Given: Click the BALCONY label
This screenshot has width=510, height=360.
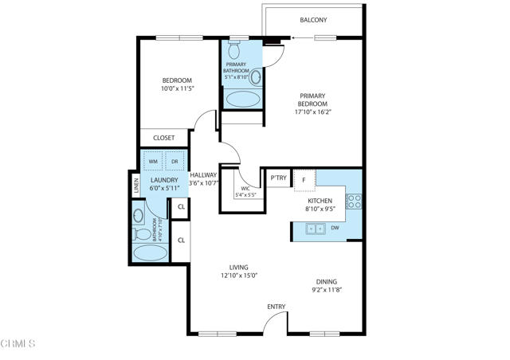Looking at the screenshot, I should click(313, 20).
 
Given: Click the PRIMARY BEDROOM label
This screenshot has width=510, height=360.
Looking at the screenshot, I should click(312, 100).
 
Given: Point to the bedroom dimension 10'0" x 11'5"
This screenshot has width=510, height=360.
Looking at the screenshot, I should click(178, 90).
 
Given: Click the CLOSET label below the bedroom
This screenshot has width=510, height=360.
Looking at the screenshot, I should click(163, 138).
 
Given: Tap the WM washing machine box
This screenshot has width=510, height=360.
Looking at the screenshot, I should click(153, 162).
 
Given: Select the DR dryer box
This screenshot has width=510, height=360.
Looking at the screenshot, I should click(175, 162).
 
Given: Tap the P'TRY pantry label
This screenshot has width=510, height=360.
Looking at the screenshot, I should click(278, 178).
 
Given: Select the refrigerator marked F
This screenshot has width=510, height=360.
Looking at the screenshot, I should click(304, 180).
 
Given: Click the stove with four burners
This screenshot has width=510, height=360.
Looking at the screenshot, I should click(355, 201).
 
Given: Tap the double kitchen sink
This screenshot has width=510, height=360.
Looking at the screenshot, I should click(316, 229).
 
